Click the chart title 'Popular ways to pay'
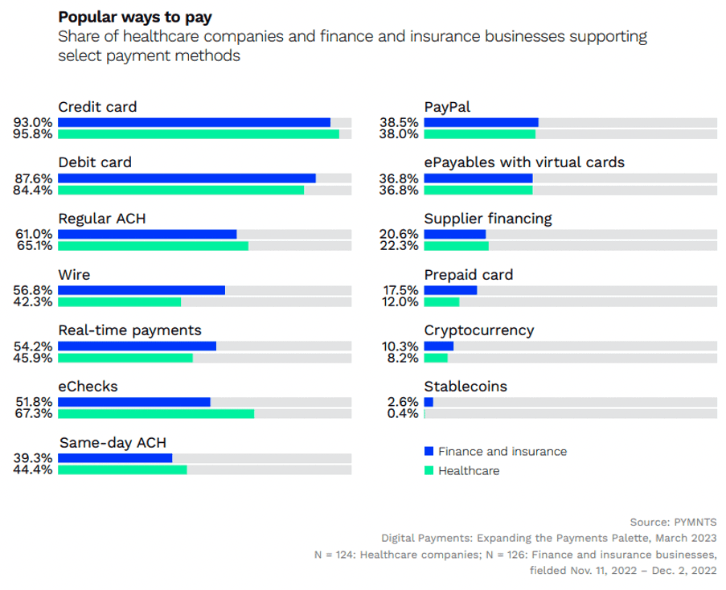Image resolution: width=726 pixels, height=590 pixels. [141, 17]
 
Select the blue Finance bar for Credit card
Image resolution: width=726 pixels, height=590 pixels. [194, 122]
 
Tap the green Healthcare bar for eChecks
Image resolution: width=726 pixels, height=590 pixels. [156, 414]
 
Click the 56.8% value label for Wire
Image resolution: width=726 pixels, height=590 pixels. [34, 290]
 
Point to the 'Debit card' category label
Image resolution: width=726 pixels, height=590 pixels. [95, 162]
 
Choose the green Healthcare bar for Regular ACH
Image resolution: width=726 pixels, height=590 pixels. [153, 246]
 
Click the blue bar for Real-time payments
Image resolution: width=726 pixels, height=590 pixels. [137, 346]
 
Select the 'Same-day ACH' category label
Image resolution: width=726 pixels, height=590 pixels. [113, 443]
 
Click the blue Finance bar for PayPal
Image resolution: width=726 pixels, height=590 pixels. [481, 122]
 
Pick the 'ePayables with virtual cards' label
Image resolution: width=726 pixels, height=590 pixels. [524, 162]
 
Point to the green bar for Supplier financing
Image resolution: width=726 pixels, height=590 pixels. [456, 246]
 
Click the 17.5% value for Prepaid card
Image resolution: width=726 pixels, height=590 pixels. [400, 290]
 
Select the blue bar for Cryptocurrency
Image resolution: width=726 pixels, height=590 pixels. [439, 346]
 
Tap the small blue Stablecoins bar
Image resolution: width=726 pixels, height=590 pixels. [429, 402]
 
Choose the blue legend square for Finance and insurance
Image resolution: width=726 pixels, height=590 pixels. [429, 451]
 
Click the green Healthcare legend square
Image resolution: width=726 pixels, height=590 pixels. [429, 470]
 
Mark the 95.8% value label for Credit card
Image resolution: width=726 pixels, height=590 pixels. [34, 134]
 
